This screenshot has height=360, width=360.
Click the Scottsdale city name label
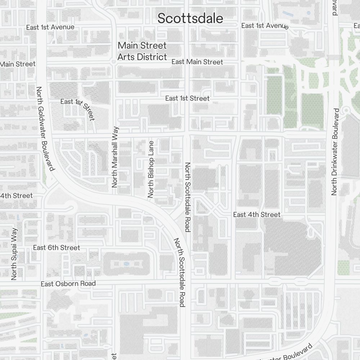190,18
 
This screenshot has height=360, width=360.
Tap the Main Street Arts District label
143,51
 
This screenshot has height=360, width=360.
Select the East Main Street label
197,62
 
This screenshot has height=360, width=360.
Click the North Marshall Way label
115,157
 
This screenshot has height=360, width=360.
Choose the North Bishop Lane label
151,169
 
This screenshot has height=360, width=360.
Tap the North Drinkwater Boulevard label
335,152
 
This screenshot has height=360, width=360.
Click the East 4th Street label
257,215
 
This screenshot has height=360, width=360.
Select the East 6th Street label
57,248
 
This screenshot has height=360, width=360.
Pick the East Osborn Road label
68,284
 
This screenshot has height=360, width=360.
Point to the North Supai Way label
14,254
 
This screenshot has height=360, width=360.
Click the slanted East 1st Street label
78,108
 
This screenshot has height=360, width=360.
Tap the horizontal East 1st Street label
187,98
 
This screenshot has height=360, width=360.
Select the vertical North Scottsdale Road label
188,197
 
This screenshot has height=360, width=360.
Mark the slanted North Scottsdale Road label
179,272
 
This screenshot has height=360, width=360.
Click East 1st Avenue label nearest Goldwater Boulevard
50,27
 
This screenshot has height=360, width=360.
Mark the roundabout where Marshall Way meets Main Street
113,62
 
